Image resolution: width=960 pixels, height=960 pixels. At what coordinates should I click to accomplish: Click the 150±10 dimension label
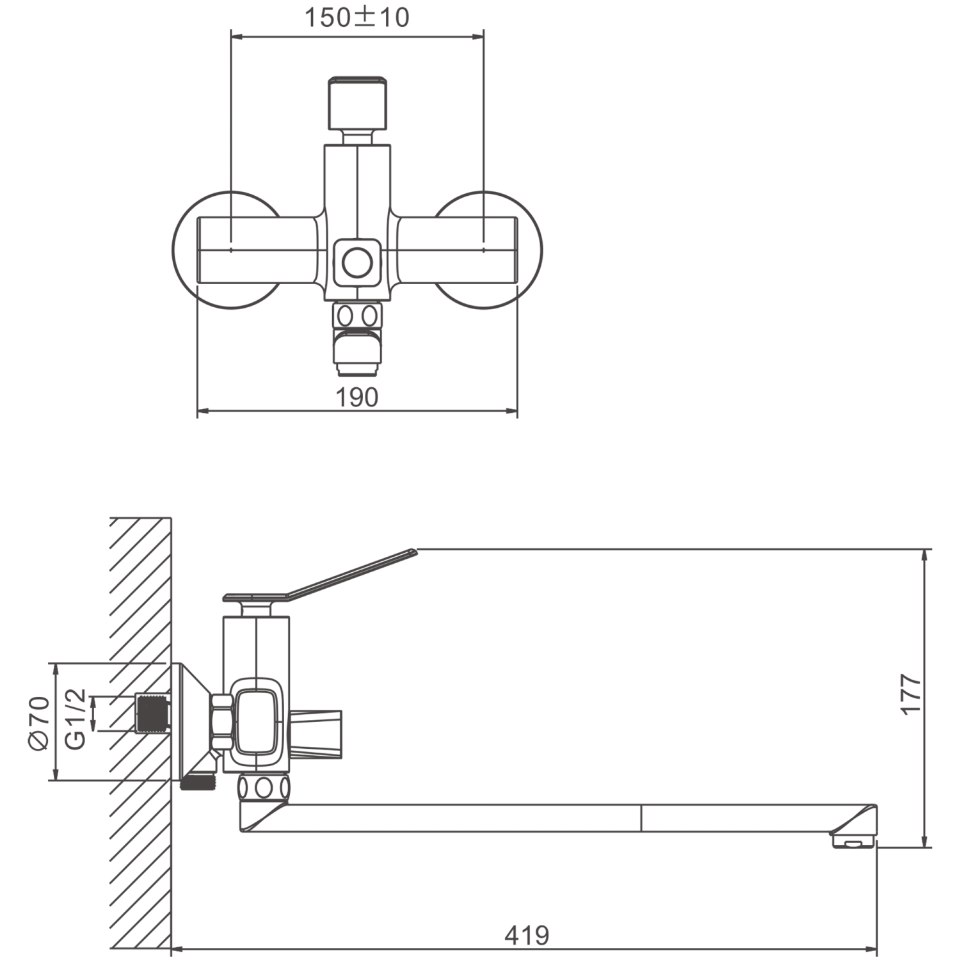[x=356, y=17]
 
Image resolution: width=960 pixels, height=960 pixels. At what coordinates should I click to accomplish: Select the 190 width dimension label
[x=357, y=397]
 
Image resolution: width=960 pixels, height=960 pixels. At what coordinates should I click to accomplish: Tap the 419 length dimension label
[x=527, y=936]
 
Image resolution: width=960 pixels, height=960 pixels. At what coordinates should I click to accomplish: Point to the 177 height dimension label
[x=910, y=694]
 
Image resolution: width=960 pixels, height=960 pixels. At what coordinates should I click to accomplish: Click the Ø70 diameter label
[x=38, y=723]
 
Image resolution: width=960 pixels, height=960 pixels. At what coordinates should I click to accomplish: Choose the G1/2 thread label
[x=75, y=719]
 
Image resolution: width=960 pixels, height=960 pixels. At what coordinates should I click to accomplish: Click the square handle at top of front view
[x=357, y=102]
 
